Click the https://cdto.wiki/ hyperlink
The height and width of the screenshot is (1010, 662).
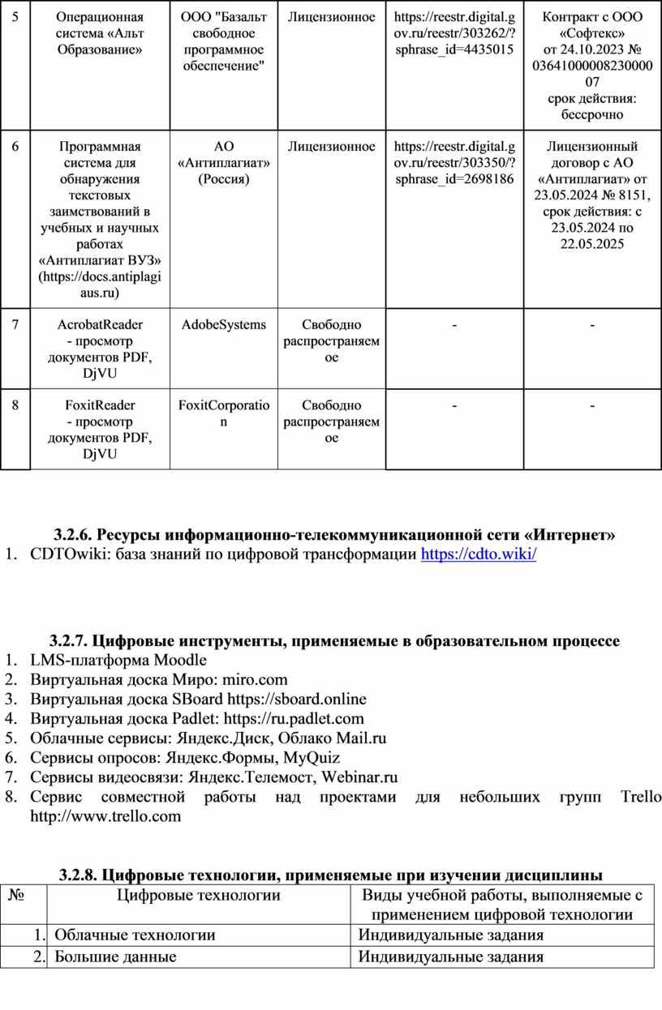pyautogui.click(x=479, y=554)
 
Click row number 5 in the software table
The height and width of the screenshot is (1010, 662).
pyautogui.click(x=15, y=17)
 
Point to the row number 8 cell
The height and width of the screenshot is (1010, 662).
pyautogui.click(x=15, y=405)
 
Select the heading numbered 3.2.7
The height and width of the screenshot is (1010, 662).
pyautogui.click(x=334, y=641)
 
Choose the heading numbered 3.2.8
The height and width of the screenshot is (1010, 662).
pyautogui.click(x=331, y=875)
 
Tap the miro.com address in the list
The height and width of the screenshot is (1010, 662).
pyautogui.click(x=255, y=679)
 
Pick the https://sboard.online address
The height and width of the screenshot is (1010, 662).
pyautogui.click(x=297, y=699)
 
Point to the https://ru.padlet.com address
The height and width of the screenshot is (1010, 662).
pyautogui.click(x=295, y=718)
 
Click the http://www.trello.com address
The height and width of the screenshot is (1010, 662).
pyautogui.click(x=105, y=816)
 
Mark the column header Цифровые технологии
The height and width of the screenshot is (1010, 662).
pyautogui.click(x=200, y=895)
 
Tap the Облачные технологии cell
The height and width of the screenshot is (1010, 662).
pyautogui.click(x=135, y=935)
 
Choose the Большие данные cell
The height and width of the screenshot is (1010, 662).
pyautogui.click(x=116, y=957)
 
